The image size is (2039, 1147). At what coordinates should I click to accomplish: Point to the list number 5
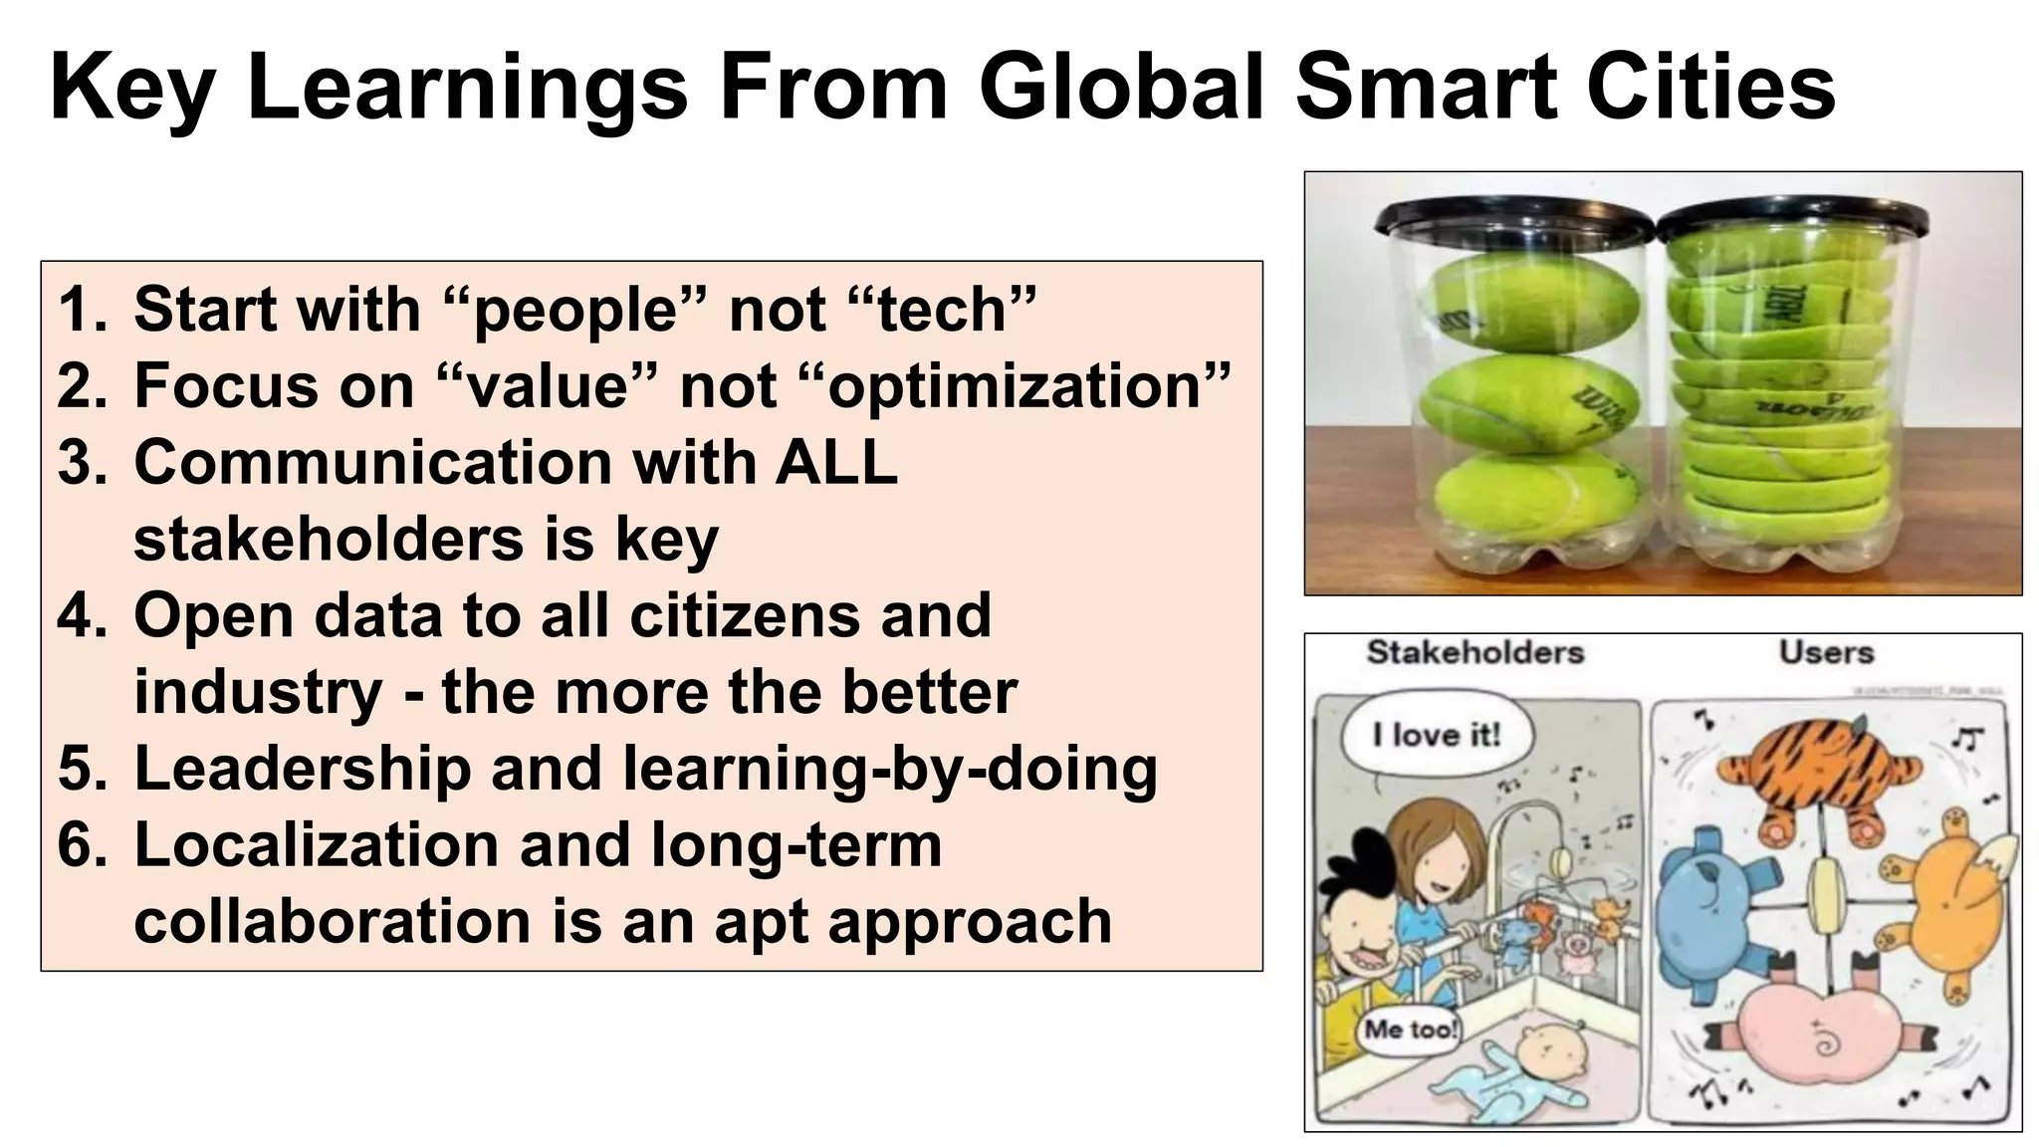point(82,769)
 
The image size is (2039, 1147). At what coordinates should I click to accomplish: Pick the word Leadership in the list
point(298,769)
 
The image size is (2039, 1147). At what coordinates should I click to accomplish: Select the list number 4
point(82,615)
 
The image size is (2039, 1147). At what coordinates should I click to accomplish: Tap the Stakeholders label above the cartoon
point(1474,653)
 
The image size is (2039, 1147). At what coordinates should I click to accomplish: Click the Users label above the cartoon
point(1826,653)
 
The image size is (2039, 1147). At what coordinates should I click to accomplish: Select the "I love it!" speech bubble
point(1436,736)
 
